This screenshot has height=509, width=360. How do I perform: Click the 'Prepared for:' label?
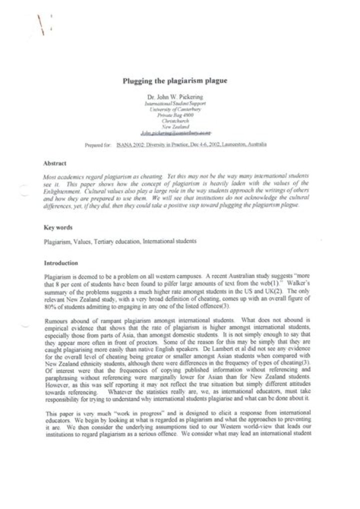tap(98, 145)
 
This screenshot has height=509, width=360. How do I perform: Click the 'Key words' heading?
tap(58, 227)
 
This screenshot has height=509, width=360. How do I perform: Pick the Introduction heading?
tap(61, 263)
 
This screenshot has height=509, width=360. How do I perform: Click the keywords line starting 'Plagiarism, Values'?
tap(120, 241)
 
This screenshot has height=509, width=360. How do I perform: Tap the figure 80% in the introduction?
tap(49, 305)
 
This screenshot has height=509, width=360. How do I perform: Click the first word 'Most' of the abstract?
tap(50, 177)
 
